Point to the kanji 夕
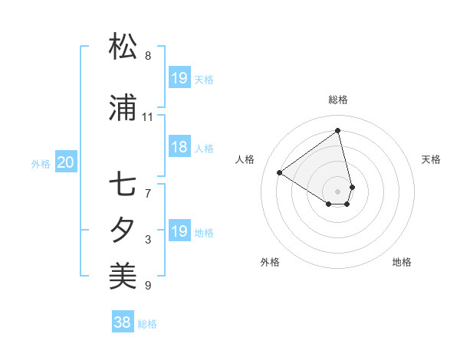click(x=123, y=230)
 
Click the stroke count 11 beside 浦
click(x=148, y=117)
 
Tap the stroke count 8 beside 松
click(x=148, y=55)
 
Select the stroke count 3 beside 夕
click(x=148, y=240)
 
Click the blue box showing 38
click(x=123, y=322)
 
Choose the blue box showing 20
click(x=66, y=162)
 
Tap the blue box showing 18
click(x=179, y=148)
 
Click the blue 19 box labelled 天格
click(x=179, y=78)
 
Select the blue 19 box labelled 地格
click(x=179, y=231)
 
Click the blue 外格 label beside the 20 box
click(x=41, y=163)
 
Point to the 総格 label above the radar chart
click(x=338, y=100)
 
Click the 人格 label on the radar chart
click(x=245, y=159)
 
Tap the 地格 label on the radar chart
click(x=402, y=262)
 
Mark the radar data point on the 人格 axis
click(x=280, y=173)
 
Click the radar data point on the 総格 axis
click(x=338, y=130)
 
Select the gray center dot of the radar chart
click(x=338, y=191)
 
